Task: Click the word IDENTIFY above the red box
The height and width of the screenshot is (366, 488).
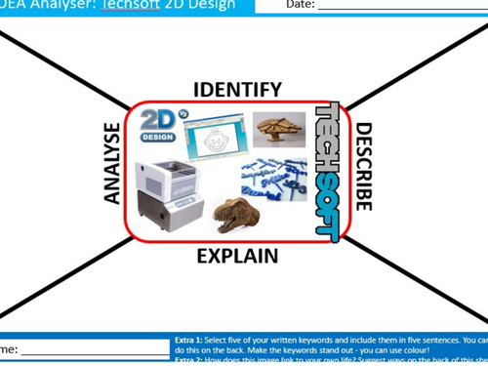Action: [237, 90]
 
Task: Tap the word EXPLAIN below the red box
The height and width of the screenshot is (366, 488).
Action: [237, 257]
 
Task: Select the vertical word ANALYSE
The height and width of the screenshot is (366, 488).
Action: [111, 164]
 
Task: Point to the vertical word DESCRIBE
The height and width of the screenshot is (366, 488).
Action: [363, 166]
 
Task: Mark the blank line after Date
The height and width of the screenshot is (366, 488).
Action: [400, 8]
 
